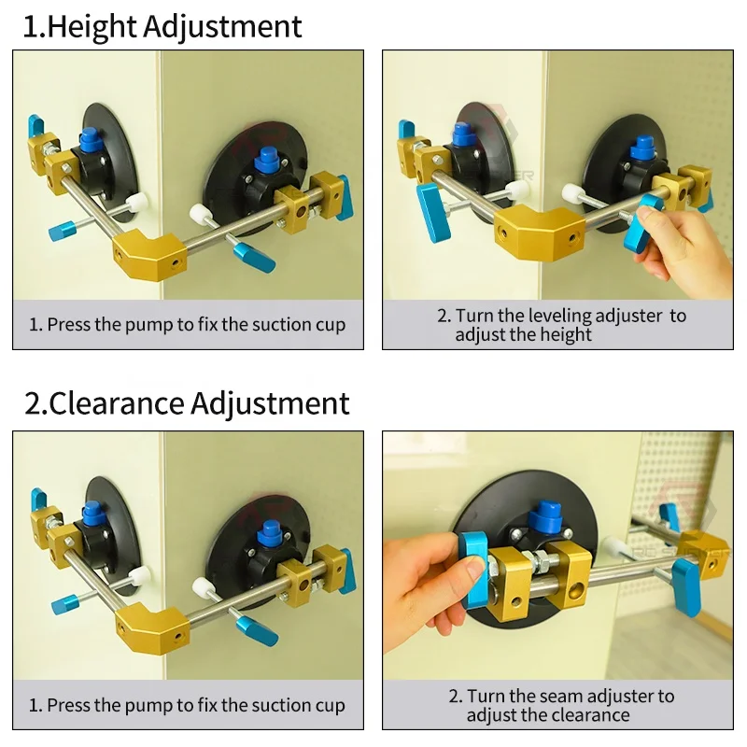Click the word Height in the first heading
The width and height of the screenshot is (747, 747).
coord(92,26)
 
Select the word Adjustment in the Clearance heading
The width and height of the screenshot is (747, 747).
coord(270,403)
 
